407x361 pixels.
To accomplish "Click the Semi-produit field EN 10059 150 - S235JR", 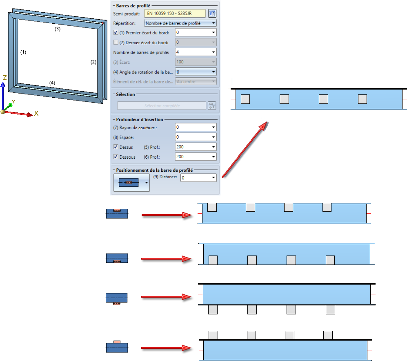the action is [175, 13].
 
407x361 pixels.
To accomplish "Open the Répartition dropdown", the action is [180, 23].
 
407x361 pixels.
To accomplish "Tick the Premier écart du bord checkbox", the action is [116, 32].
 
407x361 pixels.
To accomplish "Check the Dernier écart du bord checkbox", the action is [116, 42].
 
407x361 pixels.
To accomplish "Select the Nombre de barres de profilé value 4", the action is [196, 52].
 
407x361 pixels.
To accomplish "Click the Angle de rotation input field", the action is [196, 72].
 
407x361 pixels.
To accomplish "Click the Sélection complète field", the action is [161, 105].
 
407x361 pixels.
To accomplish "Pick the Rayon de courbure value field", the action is [196, 127].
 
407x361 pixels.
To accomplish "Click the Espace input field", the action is [196, 137].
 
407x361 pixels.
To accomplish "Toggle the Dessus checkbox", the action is [116, 147].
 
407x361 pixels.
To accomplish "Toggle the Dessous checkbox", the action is [116, 157].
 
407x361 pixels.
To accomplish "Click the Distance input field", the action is [198, 178].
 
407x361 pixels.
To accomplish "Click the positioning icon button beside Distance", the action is [131, 182].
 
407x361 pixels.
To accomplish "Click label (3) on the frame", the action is [58, 29].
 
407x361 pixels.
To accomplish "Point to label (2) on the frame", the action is [93, 62].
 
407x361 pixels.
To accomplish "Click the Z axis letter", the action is [4, 77].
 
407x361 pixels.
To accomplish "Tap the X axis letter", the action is [36, 113].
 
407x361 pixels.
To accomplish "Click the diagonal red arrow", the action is [245, 150].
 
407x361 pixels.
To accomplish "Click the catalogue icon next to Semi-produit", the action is [212, 13].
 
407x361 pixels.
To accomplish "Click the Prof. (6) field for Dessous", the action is [196, 157].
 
